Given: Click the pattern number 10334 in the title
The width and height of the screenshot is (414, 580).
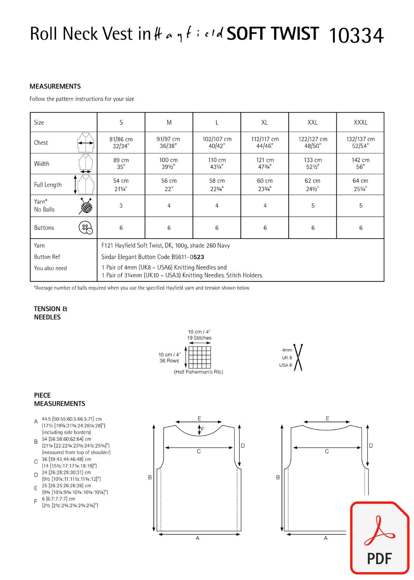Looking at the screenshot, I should [356, 35].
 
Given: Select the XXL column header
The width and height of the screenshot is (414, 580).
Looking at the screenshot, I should [312, 122].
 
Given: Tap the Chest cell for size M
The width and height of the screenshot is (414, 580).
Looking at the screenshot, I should [169, 143].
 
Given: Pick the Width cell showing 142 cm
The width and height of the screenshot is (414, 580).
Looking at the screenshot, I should [360, 164].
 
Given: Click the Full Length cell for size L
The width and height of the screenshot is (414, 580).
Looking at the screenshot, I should [217, 185].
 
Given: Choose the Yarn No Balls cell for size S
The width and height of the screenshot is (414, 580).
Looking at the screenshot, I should [121, 206].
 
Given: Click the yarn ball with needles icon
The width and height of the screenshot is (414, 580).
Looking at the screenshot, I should [86, 206].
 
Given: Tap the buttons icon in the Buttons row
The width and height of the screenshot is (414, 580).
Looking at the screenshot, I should [85, 228].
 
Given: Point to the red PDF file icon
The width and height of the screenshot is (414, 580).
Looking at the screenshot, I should [379, 538].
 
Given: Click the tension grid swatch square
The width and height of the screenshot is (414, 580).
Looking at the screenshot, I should [200, 357].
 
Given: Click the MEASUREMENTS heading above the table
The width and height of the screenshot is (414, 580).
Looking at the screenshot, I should [55, 86].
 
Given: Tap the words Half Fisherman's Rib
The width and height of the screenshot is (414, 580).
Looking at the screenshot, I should [198, 372].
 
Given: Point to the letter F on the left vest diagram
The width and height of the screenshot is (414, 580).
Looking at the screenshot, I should [202, 429].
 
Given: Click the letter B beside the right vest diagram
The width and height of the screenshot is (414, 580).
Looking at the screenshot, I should [278, 477].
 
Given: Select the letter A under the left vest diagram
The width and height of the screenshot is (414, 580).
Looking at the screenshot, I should [198, 538].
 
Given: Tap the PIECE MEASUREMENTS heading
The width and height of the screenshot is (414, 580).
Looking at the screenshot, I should [59, 399].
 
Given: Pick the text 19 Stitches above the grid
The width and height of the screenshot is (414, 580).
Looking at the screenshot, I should [199, 338].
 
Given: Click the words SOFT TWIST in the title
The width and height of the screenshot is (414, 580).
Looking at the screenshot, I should [273, 34].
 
